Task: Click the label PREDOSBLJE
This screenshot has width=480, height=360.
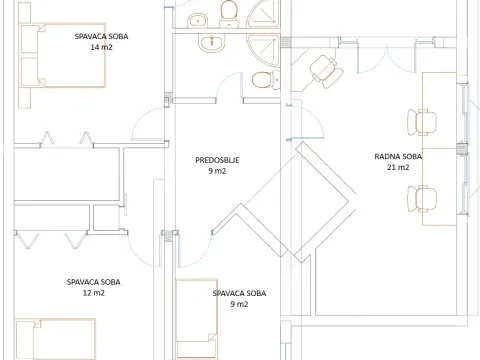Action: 217,160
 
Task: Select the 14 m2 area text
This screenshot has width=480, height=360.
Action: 101,47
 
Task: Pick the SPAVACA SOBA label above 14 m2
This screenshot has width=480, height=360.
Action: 101,36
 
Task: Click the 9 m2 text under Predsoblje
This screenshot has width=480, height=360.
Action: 217,171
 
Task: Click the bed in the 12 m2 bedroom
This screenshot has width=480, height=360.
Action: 55,340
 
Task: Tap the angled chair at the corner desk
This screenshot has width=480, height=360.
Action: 322,69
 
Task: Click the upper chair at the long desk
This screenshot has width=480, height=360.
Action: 422,122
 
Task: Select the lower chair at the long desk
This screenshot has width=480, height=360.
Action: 424,198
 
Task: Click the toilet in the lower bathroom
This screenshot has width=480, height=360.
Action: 262,80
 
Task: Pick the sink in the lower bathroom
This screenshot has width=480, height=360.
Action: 211,43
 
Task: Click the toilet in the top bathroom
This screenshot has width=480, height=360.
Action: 229,11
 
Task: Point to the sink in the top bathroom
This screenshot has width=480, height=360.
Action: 199,17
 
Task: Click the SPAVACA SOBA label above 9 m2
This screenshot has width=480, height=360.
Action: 239,293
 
